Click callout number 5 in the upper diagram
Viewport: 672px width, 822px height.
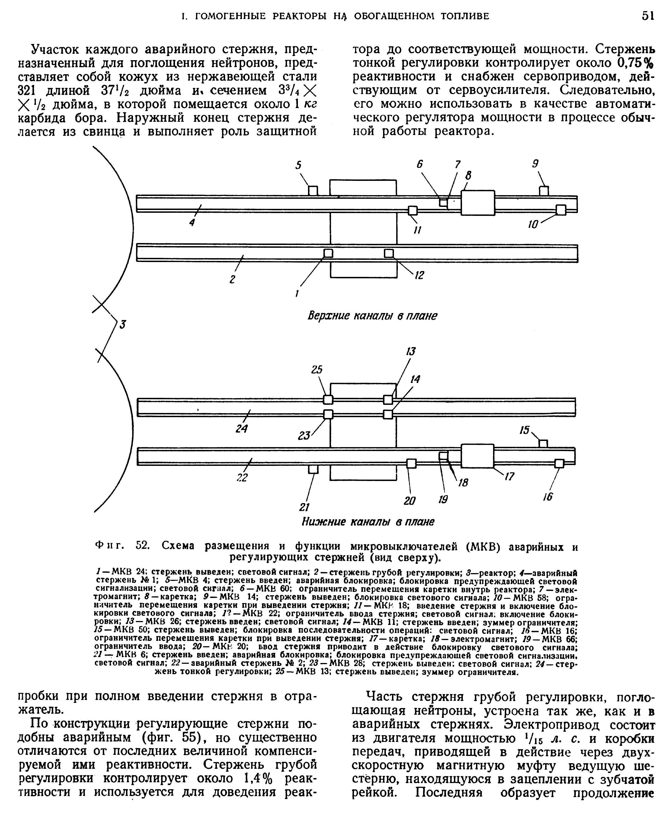pos(298,165)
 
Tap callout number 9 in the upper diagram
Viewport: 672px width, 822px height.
pos(535,164)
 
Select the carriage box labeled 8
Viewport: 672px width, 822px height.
pos(478,202)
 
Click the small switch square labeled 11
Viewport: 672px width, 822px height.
pos(413,210)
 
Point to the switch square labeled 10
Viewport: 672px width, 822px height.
pos(561,210)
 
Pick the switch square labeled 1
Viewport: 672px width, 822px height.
pos(328,253)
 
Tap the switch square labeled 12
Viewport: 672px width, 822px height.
pos(389,253)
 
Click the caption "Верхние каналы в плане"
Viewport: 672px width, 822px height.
pos(372,316)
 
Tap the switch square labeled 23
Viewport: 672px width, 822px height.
pos(328,414)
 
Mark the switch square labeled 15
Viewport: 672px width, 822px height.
pos(543,443)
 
